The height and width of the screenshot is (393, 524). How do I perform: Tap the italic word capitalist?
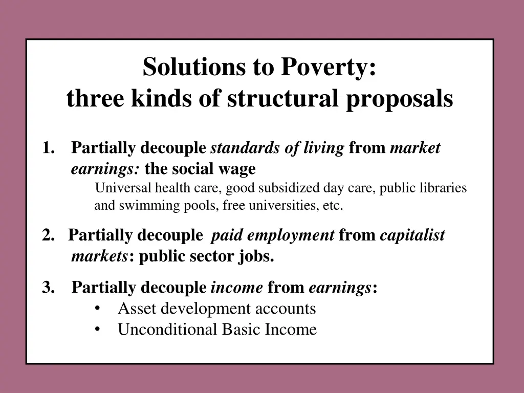pyautogui.click(x=412, y=235)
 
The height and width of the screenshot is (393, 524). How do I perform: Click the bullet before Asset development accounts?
pyautogui.click(x=97, y=309)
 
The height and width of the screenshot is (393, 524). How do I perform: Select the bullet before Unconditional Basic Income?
pyautogui.click(x=97, y=329)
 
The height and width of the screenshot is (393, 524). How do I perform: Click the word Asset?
pyautogui.click(x=135, y=309)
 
